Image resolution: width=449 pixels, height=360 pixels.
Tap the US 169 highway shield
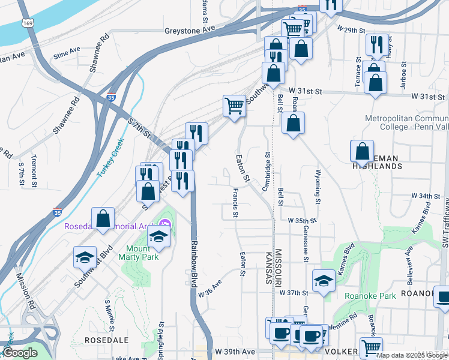pyautogui.click(x=26, y=23)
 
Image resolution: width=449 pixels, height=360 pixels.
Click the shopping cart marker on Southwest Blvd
pyautogui.click(x=235, y=106)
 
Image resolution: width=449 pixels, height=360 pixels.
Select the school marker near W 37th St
pyautogui.click(x=324, y=280)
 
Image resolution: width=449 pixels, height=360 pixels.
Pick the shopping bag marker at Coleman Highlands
pyautogui.click(x=363, y=151)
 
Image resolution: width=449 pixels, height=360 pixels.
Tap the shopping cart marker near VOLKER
pyautogui.click(x=372, y=347)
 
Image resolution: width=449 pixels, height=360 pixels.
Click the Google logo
pyautogui.click(x=20, y=353)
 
